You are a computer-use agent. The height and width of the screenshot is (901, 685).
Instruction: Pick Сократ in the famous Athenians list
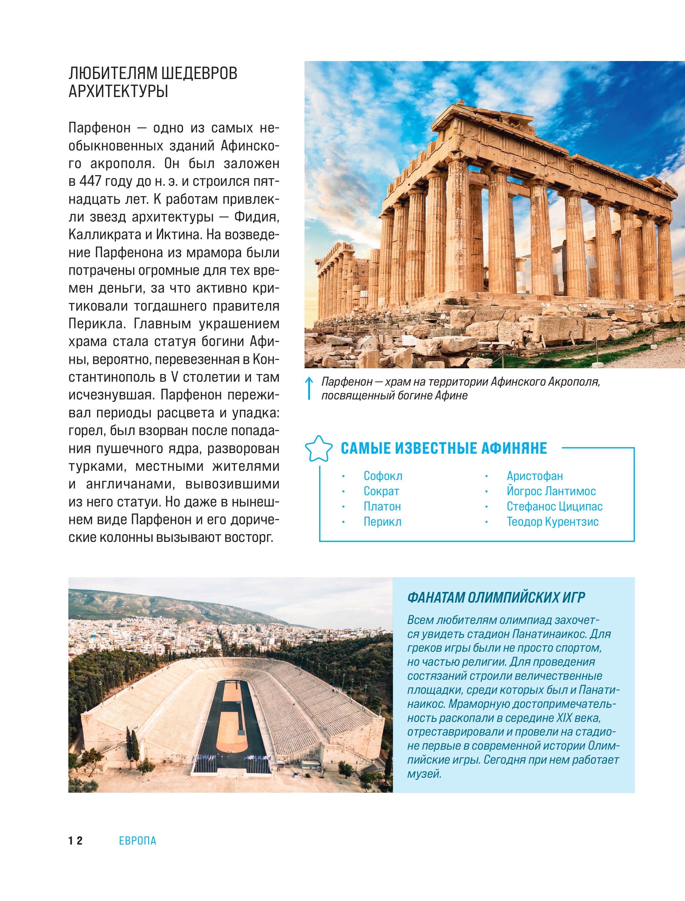click(381, 491)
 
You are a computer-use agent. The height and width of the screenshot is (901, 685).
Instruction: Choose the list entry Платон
click(382, 506)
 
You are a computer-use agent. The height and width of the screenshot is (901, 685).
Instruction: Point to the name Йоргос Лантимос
click(551, 491)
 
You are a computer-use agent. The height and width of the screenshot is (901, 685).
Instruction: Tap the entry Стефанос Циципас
click(554, 506)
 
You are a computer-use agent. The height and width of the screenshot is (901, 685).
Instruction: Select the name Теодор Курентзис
click(553, 522)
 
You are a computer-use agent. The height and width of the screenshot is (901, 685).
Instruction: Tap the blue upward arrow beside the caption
click(309, 388)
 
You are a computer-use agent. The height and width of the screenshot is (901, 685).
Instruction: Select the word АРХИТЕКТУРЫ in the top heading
click(118, 91)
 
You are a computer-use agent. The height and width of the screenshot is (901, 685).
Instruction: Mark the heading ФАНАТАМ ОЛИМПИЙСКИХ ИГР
click(496, 598)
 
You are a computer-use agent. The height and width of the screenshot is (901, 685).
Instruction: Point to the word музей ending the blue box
click(424, 773)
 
